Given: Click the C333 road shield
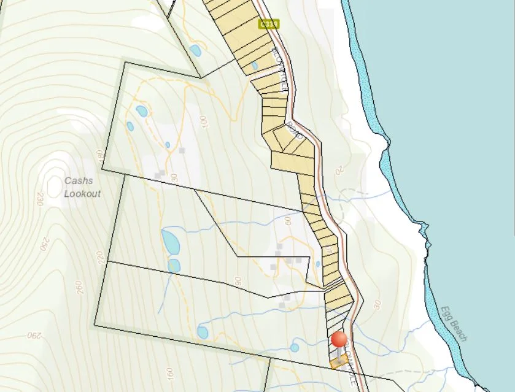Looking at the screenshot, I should click(269, 24).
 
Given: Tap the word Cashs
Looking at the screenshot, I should click(79, 181).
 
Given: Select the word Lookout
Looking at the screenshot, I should click(82, 193).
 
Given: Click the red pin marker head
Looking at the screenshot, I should click(339, 339).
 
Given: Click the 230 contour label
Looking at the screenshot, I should click(41, 199).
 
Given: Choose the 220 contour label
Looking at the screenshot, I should click(99, 256).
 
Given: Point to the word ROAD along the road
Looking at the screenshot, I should click(295, 131).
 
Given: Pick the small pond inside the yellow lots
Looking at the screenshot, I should click(255, 65).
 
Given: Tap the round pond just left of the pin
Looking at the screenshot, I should click(295, 347).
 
